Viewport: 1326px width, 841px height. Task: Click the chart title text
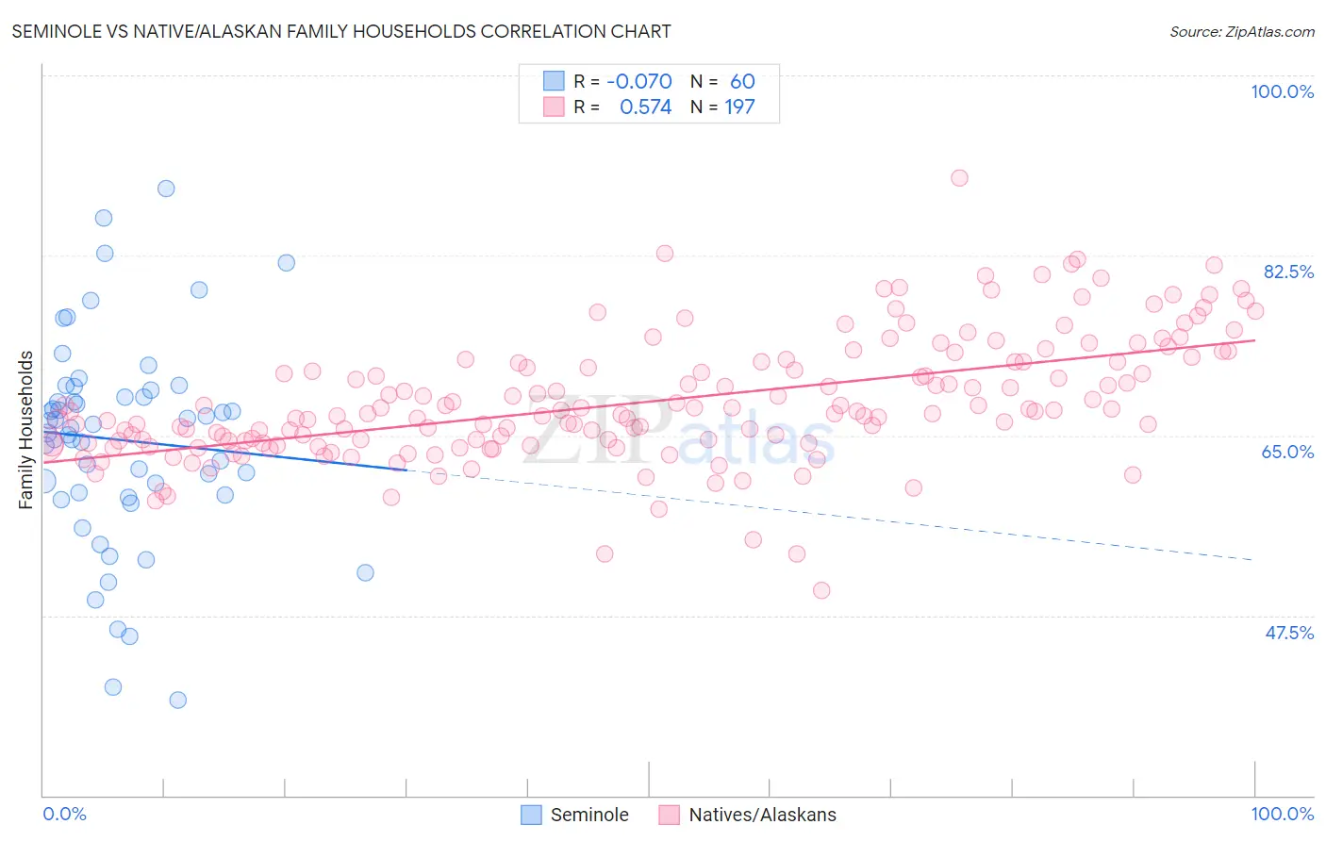341,31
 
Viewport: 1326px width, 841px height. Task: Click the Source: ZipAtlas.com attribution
1241,31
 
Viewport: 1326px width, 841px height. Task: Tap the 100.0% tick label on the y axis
1282,91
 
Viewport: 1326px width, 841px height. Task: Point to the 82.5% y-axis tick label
1288,272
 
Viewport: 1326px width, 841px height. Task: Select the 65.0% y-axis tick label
1287,452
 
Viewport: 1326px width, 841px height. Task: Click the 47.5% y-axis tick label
1288,633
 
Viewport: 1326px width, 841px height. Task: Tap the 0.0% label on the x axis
64,814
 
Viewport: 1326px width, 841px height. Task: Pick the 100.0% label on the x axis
1282,814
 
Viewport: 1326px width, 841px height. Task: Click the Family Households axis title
25,430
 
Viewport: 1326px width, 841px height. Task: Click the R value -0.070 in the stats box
639,81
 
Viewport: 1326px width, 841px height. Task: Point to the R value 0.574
645,107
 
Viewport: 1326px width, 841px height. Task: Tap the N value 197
739,107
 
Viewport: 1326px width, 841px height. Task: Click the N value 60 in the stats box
742,81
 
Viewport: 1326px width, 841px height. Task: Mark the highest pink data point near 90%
959,178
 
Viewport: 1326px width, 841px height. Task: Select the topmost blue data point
166,189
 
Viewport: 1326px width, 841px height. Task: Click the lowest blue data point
177,700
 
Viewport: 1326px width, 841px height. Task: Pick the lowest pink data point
821,590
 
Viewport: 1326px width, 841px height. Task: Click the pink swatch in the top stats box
554,107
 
